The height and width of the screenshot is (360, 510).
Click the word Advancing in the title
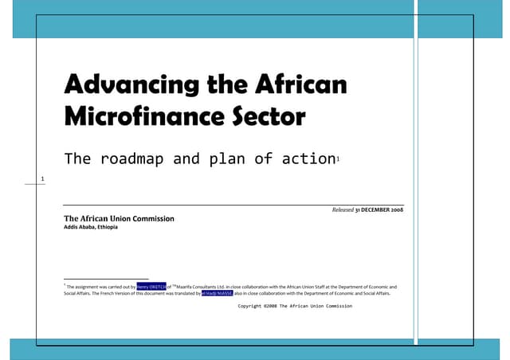(125, 84)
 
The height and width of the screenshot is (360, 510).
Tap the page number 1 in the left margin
(42, 178)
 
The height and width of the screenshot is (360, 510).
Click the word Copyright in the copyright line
(253, 306)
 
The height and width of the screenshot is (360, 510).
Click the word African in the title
(302, 84)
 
